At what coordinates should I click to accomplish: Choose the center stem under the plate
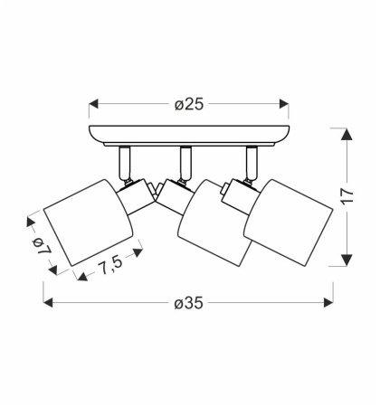pyautogui.click(x=184, y=160)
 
